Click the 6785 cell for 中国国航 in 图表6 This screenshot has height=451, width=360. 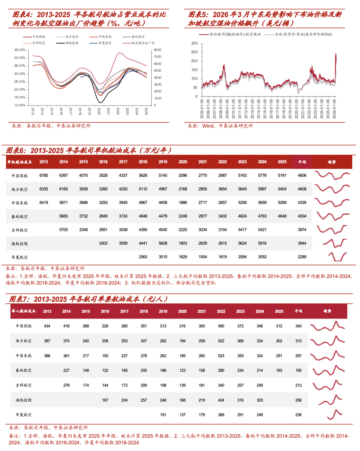click(44, 175)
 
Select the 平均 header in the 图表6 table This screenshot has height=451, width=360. click(302, 162)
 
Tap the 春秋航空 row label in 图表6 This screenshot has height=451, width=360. click(20, 217)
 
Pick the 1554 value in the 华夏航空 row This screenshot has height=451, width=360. click(203, 257)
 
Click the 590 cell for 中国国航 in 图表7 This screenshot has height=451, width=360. click(221, 326)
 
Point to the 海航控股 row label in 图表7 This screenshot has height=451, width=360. click(24, 400)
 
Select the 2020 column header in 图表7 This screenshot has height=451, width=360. click(182, 311)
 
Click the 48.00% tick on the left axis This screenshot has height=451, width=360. click(20, 50)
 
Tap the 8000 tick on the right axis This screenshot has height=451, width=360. click(157, 50)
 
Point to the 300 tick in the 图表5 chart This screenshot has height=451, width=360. click(194, 43)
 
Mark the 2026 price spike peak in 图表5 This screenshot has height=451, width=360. click(336, 54)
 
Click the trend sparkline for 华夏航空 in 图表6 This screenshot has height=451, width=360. click(337, 257)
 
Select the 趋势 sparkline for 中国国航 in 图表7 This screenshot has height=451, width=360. click(327, 326)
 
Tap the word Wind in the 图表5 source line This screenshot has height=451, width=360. click(208, 126)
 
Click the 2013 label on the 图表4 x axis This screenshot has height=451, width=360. click(33, 111)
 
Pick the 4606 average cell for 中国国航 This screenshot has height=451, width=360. click(302, 175)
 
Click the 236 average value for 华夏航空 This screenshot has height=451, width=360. click(298, 415)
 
